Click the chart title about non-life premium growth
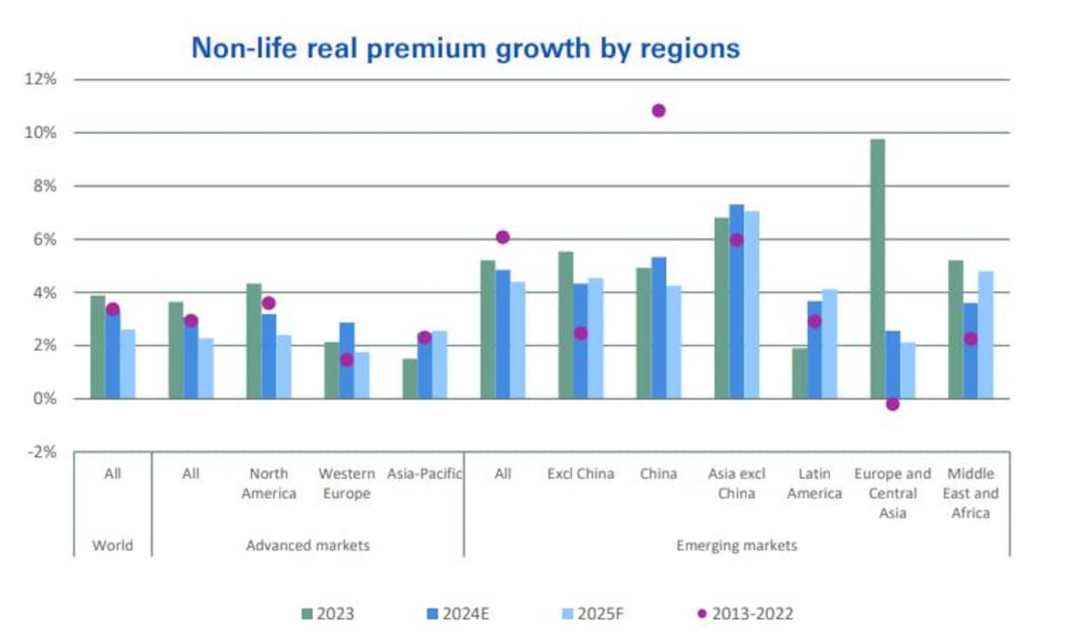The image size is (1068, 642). coord(466,47)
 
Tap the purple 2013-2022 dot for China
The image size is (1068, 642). coord(658,111)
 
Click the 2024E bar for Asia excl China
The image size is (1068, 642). coord(737,301)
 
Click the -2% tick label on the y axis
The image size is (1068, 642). coord(41,452)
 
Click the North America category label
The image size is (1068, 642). coord(268,483)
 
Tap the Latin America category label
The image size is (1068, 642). coord(814,483)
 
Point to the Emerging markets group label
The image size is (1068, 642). coord(737,545)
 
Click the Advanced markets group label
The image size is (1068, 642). coord(308,545)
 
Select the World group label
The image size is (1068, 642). coord(112,545)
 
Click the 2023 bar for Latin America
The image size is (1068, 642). coord(799,373)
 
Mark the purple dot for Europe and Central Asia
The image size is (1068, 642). coord(892,404)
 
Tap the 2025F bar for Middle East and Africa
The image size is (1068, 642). coord(985,335)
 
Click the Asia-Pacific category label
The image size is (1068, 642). coord(425,474)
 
